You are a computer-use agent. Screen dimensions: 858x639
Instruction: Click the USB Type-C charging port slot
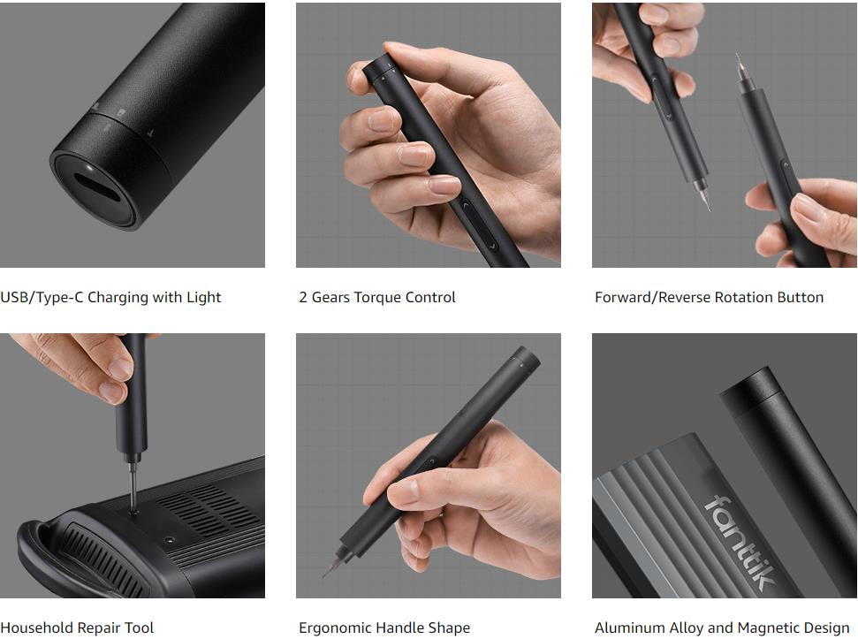coord(96,187)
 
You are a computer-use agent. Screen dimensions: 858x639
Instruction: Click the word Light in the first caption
coord(203,297)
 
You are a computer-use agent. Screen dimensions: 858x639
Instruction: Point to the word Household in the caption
coord(33,628)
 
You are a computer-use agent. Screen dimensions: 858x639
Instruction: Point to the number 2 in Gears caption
coord(302,297)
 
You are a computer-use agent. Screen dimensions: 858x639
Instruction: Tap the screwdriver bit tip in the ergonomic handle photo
coord(327,572)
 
